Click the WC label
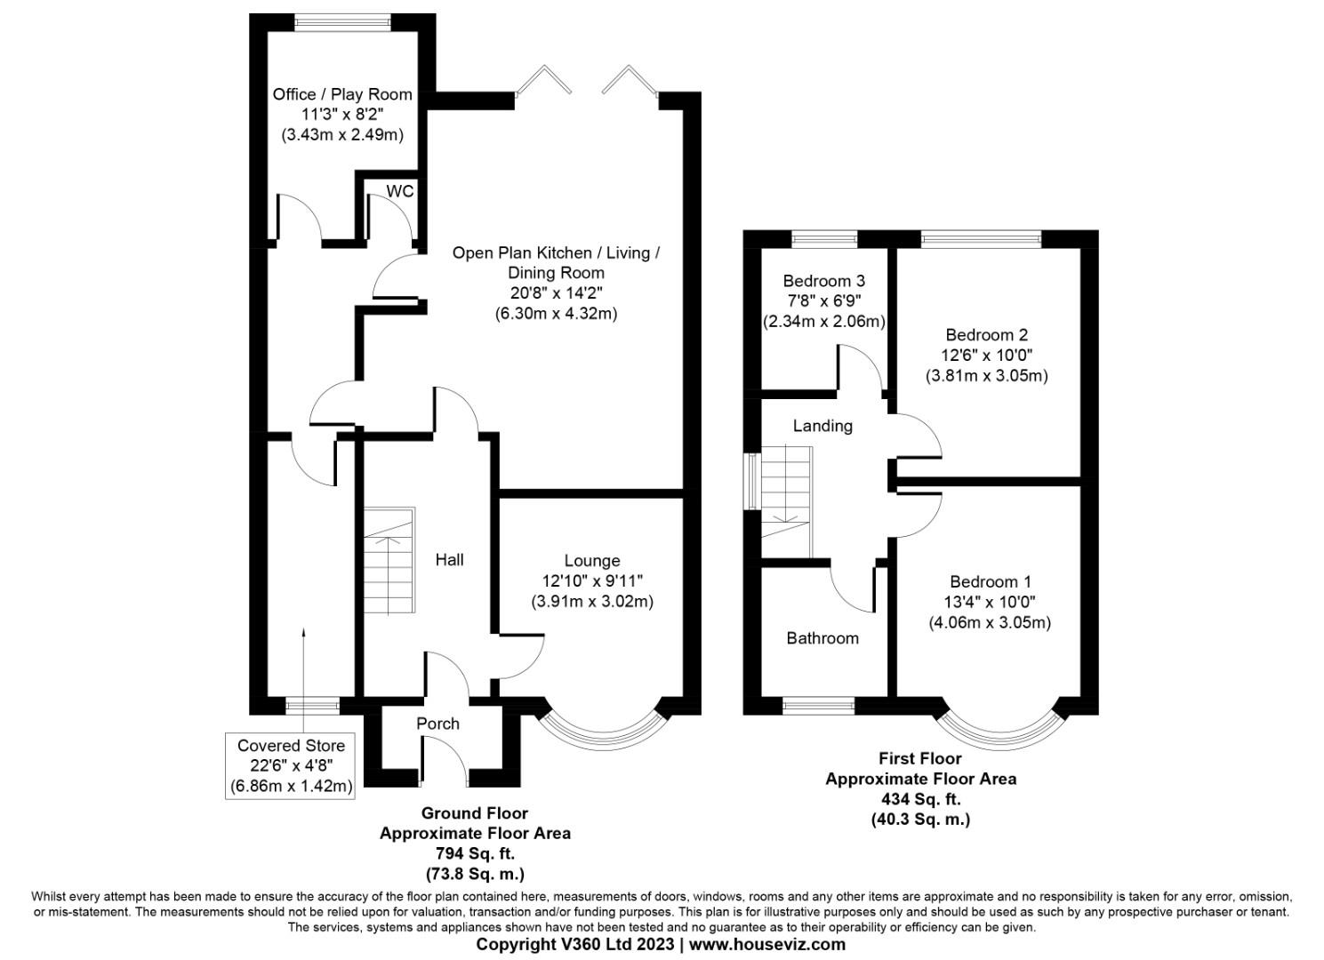399,191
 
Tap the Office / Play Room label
342,94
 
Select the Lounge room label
591,561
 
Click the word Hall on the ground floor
449,560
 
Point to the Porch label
437,724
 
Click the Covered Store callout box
290,765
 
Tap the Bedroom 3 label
823,281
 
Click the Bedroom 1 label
990,582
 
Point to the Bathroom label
822,638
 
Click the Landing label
822,426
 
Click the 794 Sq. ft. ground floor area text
474,853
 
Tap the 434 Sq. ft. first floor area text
919,799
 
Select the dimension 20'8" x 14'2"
556,293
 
